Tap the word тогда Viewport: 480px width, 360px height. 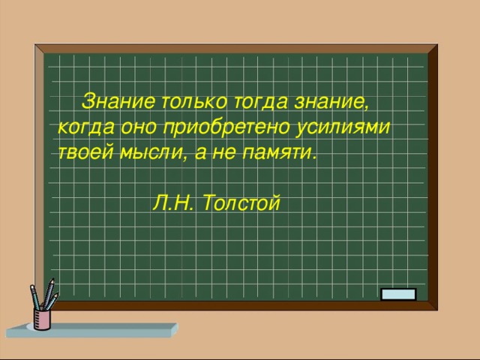[261, 102]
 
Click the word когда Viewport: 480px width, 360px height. [86, 127]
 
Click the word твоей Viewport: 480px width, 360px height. [85, 151]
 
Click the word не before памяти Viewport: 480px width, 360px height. [224, 152]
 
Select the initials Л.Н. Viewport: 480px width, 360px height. [173, 202]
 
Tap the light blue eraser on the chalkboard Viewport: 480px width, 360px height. [398, 294]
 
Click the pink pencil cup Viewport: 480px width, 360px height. [42, 319]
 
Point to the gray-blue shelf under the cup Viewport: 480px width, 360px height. [91, 330]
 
